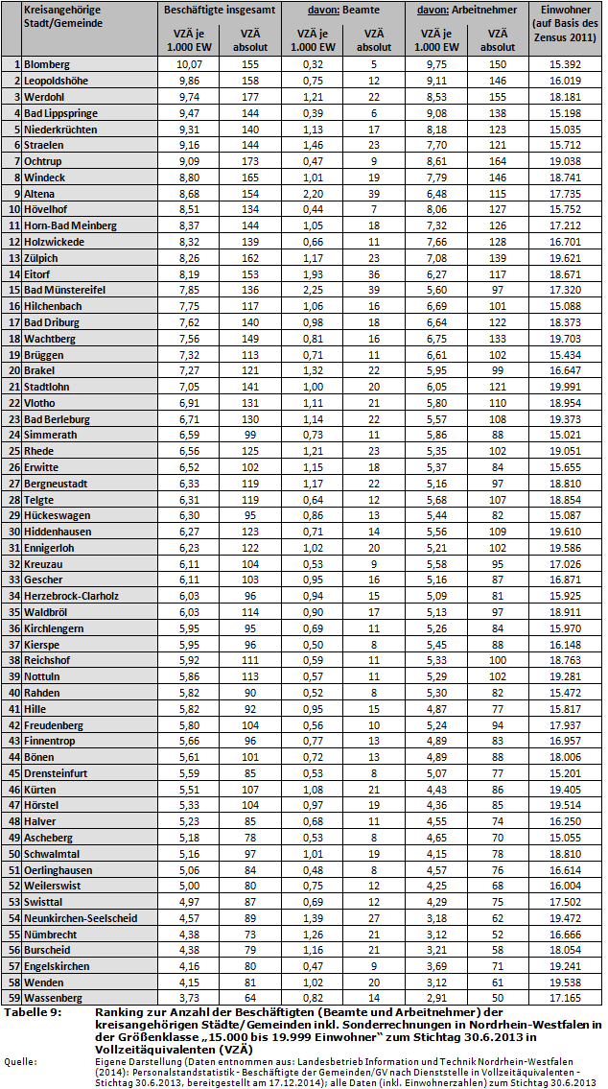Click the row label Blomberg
click(47, 64)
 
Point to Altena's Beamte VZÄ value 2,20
click(313, 193)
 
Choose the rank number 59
click(13, 997)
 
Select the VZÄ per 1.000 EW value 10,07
click(185, 64)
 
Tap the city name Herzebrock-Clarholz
click(72, 595)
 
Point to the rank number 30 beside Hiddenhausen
click(13, 531)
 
